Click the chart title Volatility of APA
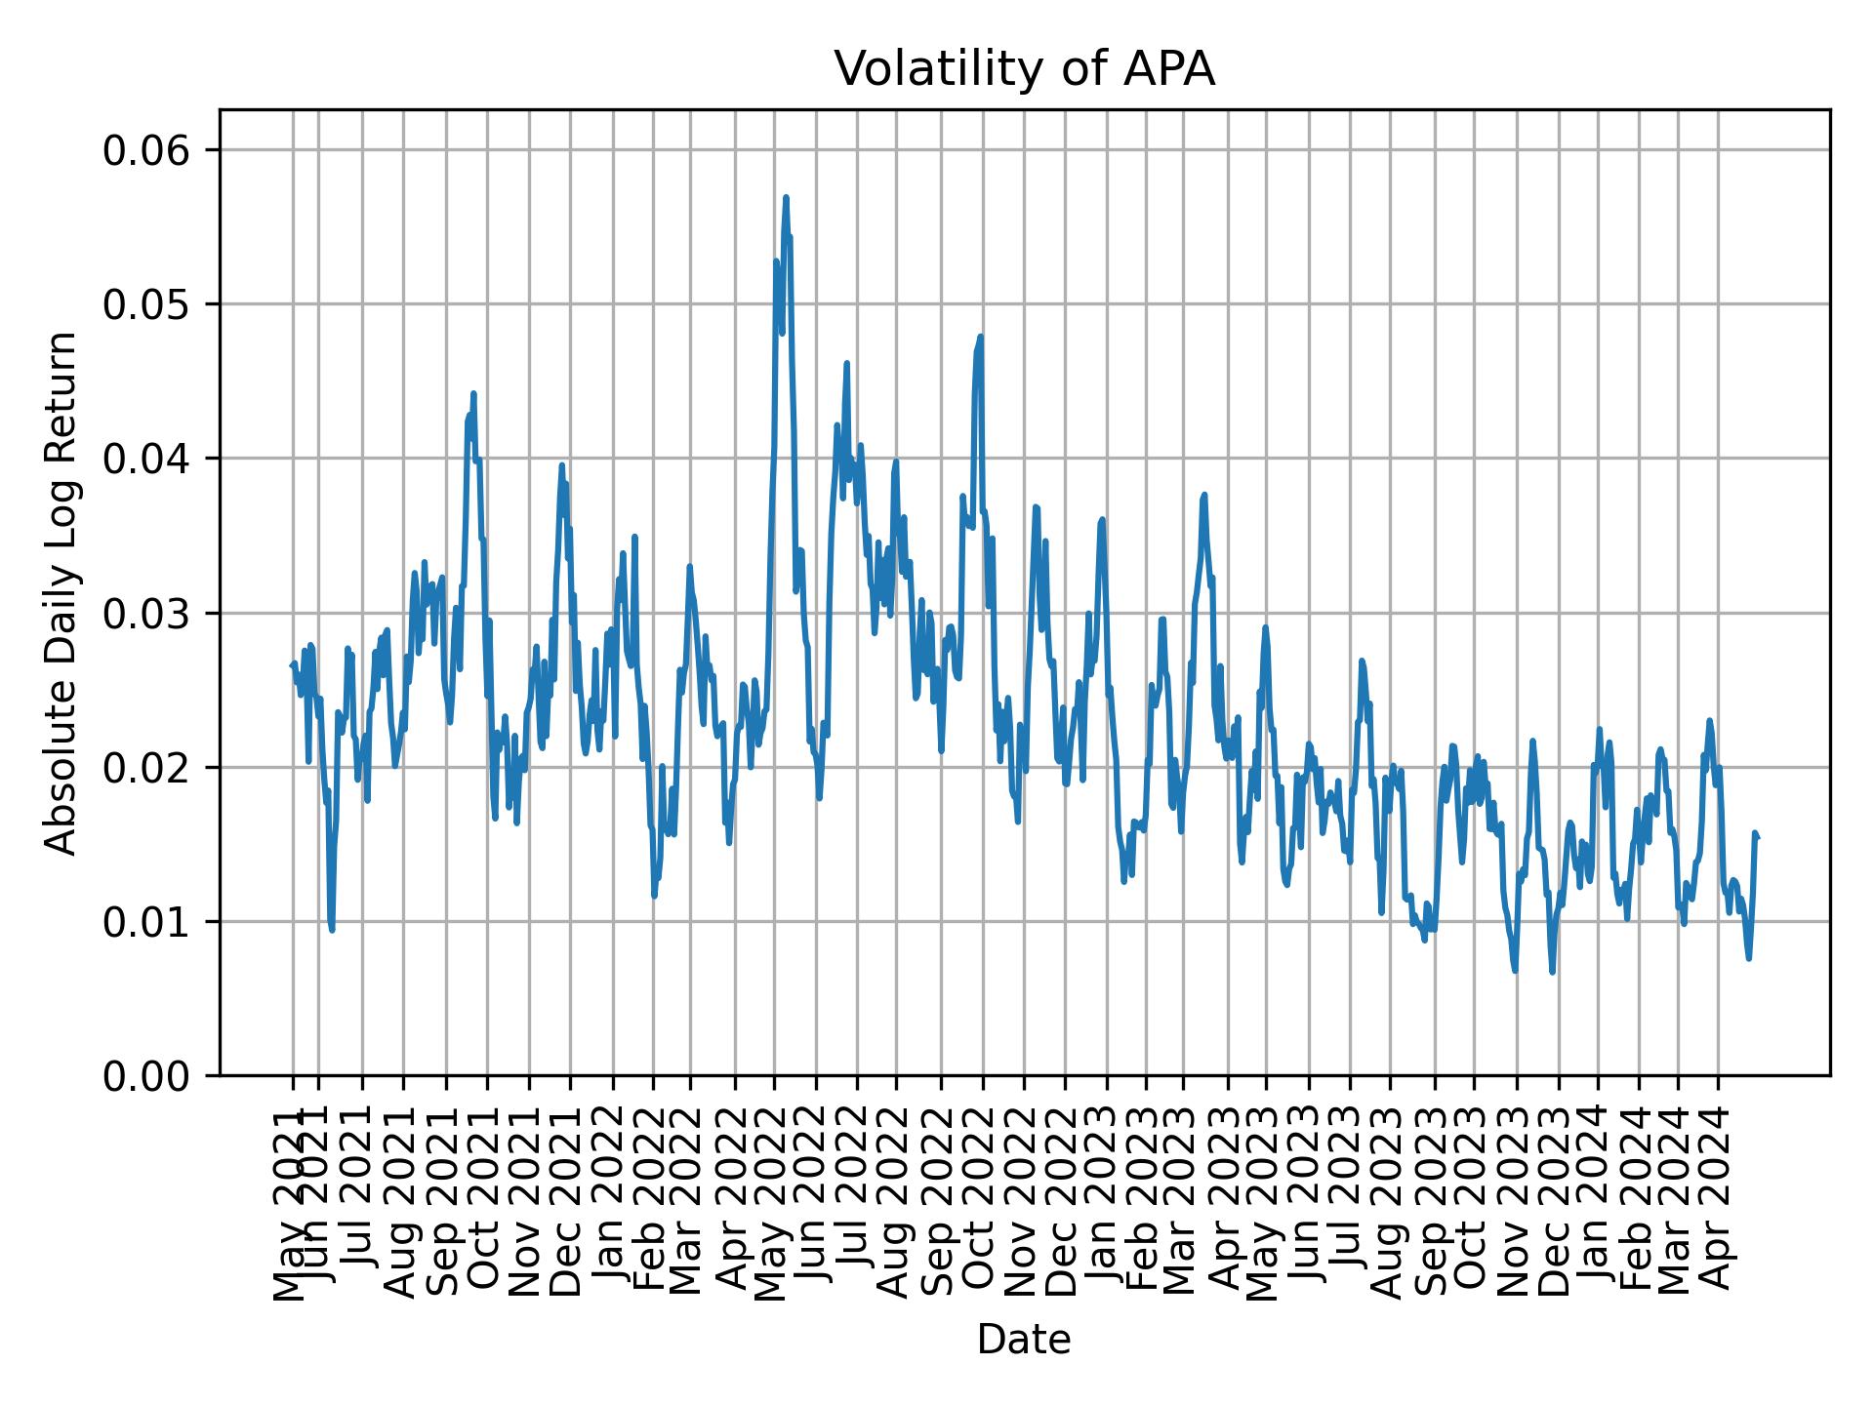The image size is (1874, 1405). click(1024, 69)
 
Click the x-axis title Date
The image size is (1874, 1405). click(1024, 1340)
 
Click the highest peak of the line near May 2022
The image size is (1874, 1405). click(785, 198)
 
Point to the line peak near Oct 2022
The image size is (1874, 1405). click(980, 338)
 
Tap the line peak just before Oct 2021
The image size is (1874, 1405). click(473, 394)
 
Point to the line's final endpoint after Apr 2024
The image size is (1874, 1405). click(1757, 837)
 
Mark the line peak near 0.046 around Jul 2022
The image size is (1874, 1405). click(846, 364)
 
